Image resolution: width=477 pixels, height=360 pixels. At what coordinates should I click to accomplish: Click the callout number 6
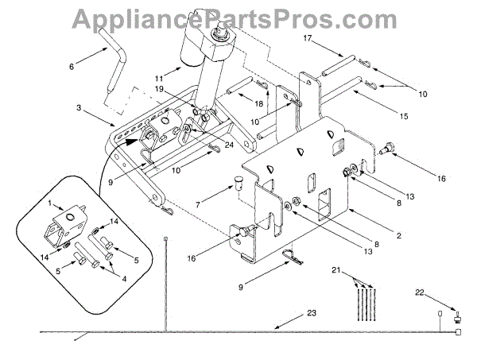point(72,68)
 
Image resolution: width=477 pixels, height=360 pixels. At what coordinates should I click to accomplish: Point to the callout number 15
point(403,116)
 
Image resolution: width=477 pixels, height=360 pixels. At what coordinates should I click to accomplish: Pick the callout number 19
point(160,90)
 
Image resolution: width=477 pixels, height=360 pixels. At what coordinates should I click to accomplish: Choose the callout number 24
point(207,145)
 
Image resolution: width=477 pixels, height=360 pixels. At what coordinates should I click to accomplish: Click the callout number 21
point(336,271)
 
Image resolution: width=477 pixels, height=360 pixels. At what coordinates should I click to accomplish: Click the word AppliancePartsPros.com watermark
point(238,15)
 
